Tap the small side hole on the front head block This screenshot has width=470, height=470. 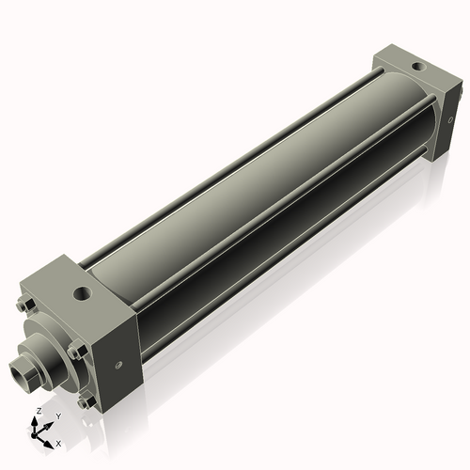[x=118, y=366]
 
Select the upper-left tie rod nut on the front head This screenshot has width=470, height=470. [x=24, y=303]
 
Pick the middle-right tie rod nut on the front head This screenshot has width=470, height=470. [x=76, y=352]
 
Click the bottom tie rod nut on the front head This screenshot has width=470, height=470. [x=86, y=402]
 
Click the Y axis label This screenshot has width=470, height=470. [x=57, y=415]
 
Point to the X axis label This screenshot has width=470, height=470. [x=58, y=443]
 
